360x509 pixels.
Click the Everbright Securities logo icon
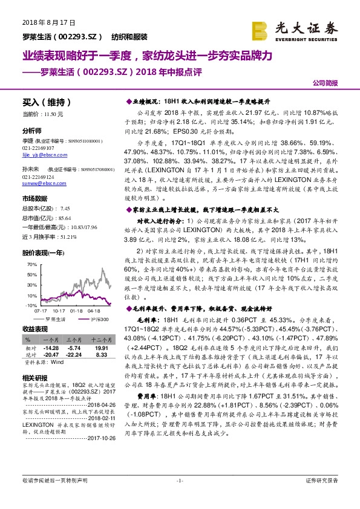(260, 30)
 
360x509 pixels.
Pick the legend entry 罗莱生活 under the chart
(55, 319)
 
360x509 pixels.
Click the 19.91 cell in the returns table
(100, 349)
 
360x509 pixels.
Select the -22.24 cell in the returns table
(74, 355)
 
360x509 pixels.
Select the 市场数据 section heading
(34, 198)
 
